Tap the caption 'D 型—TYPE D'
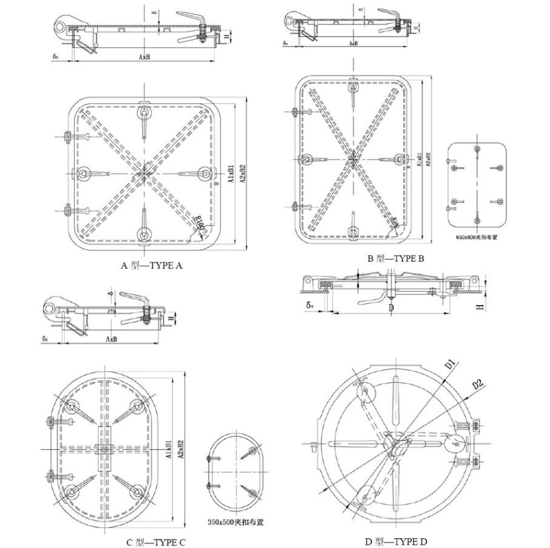[396, 542]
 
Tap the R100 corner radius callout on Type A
[201, 225]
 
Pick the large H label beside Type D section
[479, 308]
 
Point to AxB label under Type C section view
[112, 339]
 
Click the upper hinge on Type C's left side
[50, 422]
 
